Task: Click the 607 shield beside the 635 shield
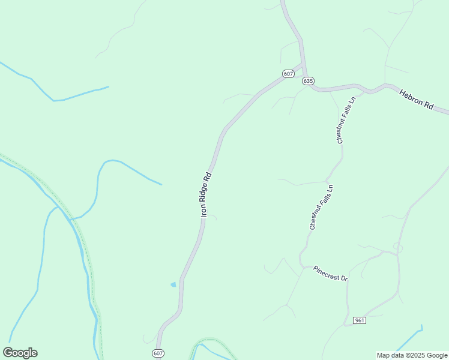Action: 288,73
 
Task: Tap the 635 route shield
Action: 308,81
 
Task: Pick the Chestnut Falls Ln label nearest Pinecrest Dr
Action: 321,208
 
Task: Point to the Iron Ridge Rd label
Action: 206,194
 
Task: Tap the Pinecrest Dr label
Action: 331,273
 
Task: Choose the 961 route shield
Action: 359,320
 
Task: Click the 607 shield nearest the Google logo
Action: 158,353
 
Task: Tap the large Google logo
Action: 20,353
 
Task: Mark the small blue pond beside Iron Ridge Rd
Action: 173,284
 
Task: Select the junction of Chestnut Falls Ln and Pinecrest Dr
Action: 303,265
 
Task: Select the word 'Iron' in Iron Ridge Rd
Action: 203,211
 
